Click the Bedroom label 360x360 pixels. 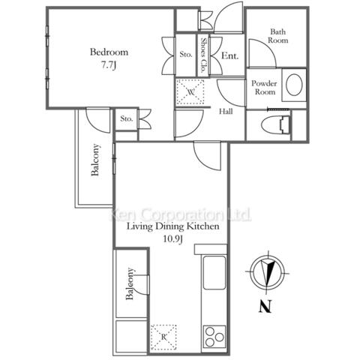coord(109,52)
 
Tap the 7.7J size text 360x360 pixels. coord(109,65)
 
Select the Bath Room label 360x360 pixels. coord(278,36)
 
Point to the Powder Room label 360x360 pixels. coord(264,88)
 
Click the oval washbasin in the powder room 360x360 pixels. coord(294,85)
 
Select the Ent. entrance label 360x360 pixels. coord(230,55)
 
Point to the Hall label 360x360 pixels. coord(226,112)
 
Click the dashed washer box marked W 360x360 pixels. coord(190,91)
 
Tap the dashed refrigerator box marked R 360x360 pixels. coord(163,337)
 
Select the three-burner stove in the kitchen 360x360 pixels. coord(214,337)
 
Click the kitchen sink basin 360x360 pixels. coord(214,272)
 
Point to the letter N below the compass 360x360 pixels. coord(265,306)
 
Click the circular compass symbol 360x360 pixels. coord(268,272)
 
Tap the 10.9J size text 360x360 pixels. coord(173,239)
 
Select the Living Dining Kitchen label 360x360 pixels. coord(173,226)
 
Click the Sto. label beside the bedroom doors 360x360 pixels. coord(186,54)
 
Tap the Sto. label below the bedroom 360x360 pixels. coord(127,118)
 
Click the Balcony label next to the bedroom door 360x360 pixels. coord(95,160)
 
